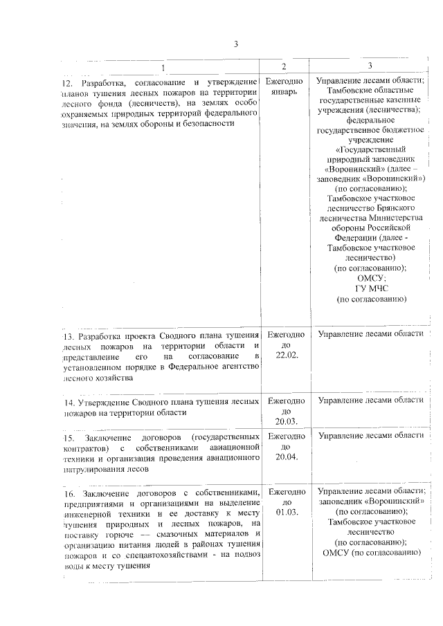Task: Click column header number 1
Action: pos(163,67)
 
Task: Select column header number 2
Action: pos(283,66)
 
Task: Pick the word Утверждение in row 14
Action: pos(109,402)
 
